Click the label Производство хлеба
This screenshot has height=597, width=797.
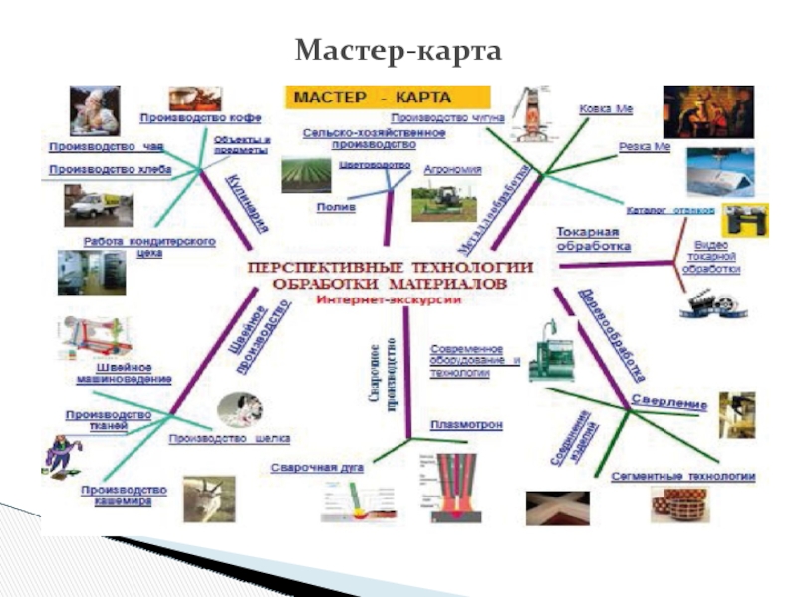tap(110, 169)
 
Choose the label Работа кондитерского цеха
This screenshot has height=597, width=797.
tap(149, 247)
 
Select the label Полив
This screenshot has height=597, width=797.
tap(330, 207)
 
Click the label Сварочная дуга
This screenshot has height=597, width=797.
tap(318, 466)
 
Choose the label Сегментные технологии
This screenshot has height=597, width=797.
tap(682, 476)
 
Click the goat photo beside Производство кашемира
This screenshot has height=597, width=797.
tap(208, 497)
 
